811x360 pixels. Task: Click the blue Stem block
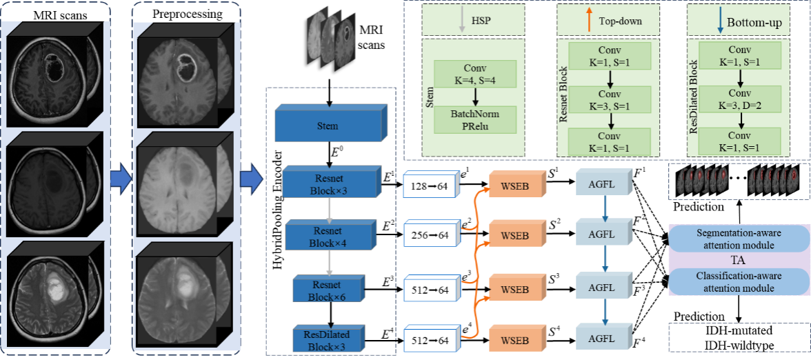click(x=327, y=126)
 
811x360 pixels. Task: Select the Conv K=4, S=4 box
click(x=475, y=74)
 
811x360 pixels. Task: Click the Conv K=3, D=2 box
click(x=739, y=99)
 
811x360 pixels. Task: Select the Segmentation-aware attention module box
click(x=739, y=238)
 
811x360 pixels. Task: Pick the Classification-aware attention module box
click(x=739, y=281)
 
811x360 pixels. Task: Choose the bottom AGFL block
click(x=601, y=339)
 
